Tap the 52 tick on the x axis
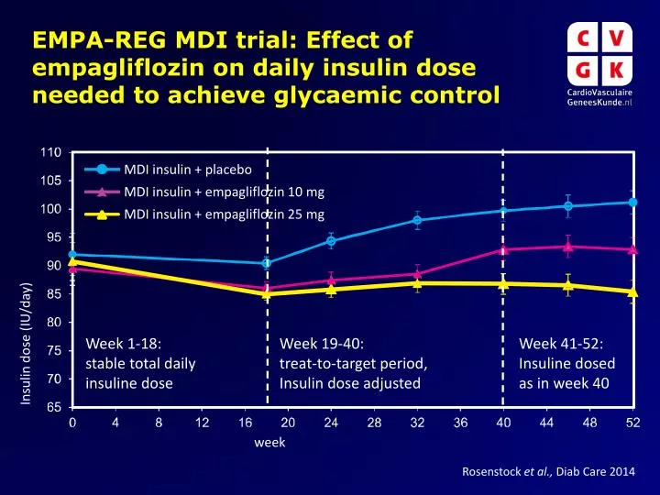pos(632,422)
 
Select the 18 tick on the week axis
pos(266,422)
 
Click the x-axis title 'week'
pos(269,442)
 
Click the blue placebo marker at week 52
pos(632,203)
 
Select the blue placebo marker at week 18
pos(267,263)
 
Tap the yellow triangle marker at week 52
pos(632,292)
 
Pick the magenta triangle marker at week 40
pos(503,249)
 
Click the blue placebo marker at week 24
pos(331,241)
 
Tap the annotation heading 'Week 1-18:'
pos(124,344)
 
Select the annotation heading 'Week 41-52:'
pos(561,344)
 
